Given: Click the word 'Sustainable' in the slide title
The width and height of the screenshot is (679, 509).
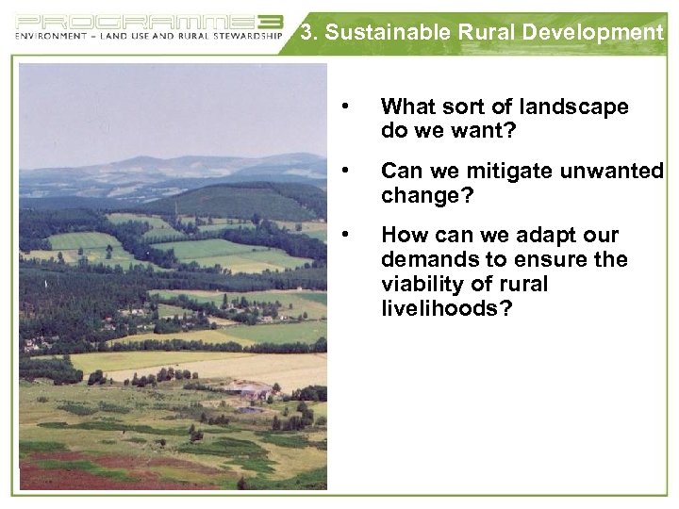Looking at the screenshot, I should [385, 34].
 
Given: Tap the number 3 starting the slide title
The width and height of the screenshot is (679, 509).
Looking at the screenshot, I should [306, 34].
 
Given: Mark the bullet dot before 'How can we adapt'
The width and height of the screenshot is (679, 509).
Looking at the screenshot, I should [349, 233].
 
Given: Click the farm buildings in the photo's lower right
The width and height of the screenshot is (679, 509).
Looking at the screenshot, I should [249, 390].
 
